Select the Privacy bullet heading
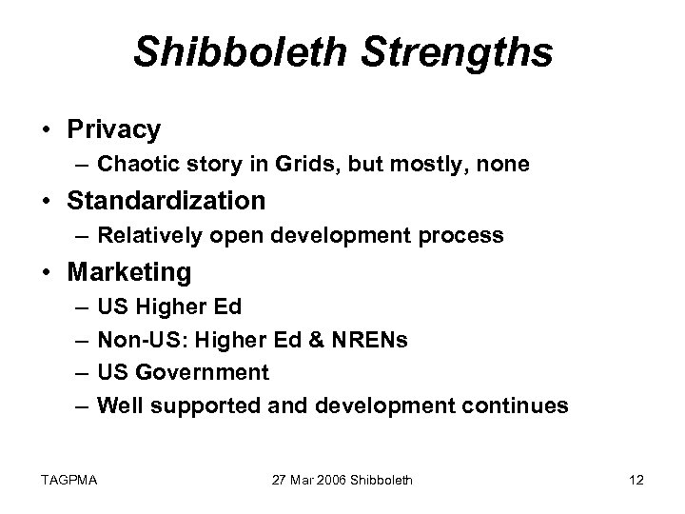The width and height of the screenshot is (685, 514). click(x=114, y=128)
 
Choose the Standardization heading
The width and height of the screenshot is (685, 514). click(x=166, y=201)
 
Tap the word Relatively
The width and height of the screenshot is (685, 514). click(x=145, y=237)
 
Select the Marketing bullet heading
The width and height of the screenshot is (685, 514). click(x=129, y=273)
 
